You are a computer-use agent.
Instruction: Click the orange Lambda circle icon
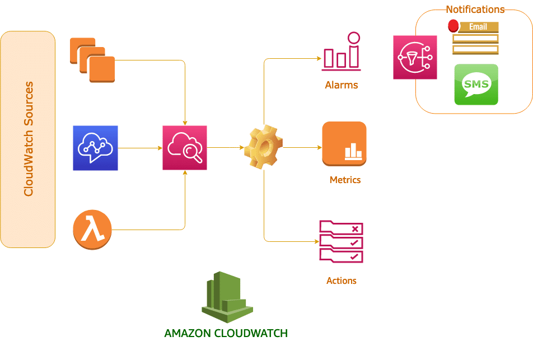pyautogui.click(x=92, y=230)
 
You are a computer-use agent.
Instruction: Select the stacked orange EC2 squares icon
pyautogui.click(x=92, y=60)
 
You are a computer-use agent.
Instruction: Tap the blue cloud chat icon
pyautogui.click(x=95, y=148)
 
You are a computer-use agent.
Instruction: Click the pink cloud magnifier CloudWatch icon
pyautogui.click(x=185, y=148)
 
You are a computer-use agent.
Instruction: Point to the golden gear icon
pyautogui.click(x=264, y=148)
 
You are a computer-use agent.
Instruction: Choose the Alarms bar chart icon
pyautogui.click(x=342, y=52)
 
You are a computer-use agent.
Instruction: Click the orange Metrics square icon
pyautogui.click(x=344, y=144)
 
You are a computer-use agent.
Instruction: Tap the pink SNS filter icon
pyautogui.click(x=415, y=57)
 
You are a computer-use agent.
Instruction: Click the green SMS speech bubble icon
pyautogui.click(x=476, y=85)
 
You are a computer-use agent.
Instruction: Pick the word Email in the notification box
pyautogui.click(x=478, y=27)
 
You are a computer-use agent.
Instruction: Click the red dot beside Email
pyautogui.click(x=453, y=26)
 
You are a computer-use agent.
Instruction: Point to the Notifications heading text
pyautogui.click(x=475, y=10)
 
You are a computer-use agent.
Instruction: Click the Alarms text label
pyautogui.click(x=342, y=86)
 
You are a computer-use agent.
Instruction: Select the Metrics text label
pyautogui.click(x=345, y=180)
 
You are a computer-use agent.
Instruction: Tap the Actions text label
pyautogui.click(x=342, y=280)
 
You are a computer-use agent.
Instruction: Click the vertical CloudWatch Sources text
pyautogui.click(x=29, y=139)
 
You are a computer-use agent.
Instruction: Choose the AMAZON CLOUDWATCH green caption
pyautogui.click(x=226, y=334)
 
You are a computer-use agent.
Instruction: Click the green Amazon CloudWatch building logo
pyautogui.click(x=227, y=297)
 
